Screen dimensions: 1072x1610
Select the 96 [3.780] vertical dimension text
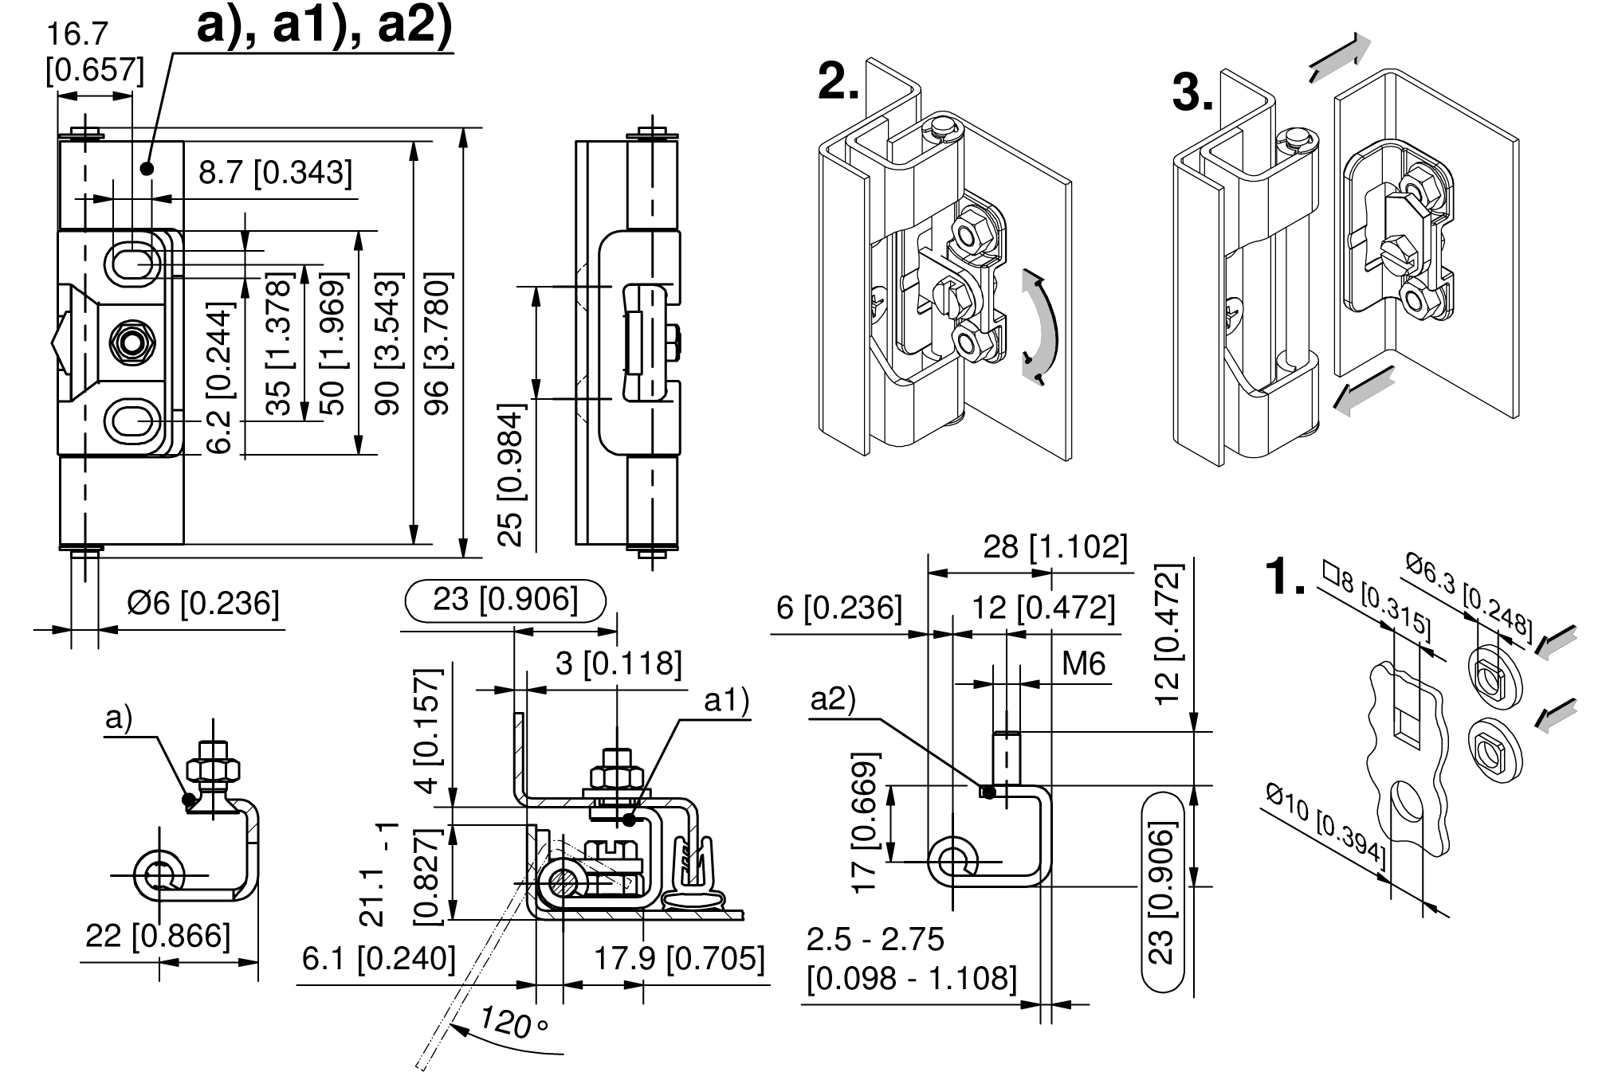point(438,343)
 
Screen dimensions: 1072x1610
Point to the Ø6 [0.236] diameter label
point(203,604)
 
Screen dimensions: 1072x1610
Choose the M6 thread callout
point(1084,663)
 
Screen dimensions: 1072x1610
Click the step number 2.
point(838,83)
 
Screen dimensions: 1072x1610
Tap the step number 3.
point(1193,94)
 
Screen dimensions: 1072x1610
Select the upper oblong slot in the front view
point(133,260)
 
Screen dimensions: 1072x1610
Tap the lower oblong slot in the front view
point(133,420)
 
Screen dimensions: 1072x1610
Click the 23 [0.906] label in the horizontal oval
point(505,600)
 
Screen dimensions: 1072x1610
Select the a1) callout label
point(726,701)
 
